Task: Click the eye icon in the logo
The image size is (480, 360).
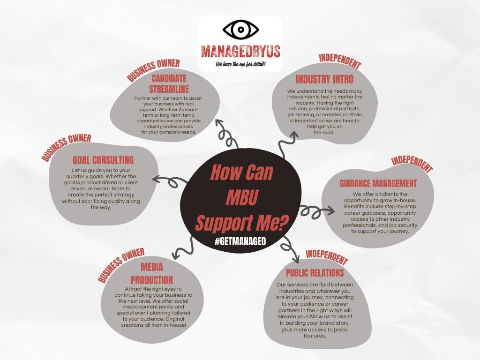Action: (240, 30)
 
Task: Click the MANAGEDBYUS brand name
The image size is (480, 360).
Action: (240, 51)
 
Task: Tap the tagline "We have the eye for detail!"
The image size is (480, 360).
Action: (240, 64)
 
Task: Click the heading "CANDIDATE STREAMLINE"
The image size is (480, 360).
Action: (169, 83)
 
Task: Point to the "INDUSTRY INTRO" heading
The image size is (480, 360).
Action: (324, 79)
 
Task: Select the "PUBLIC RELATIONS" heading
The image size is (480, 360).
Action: (315, 273)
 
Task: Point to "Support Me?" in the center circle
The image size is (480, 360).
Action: (241, 222)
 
